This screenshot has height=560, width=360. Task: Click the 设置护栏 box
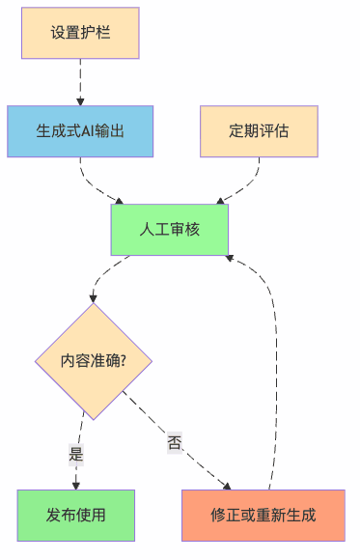tap(80, 34)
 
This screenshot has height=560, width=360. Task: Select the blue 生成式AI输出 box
tap(80, 131)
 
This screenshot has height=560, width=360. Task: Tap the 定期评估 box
tap(259, 131)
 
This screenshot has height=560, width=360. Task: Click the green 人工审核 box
tap(169, 229)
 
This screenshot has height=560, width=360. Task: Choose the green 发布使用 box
tap(75, 515)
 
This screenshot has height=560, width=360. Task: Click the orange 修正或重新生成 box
tap(263, 515)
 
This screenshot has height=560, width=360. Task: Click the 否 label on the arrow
tap(175, 442)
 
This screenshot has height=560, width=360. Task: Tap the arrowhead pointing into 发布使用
tap(75, 485)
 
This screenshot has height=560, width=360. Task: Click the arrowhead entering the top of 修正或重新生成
tap(229, 486)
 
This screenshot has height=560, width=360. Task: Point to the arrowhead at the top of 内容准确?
tap(94, 298)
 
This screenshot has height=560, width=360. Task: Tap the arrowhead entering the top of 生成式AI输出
tap(80, 99)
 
